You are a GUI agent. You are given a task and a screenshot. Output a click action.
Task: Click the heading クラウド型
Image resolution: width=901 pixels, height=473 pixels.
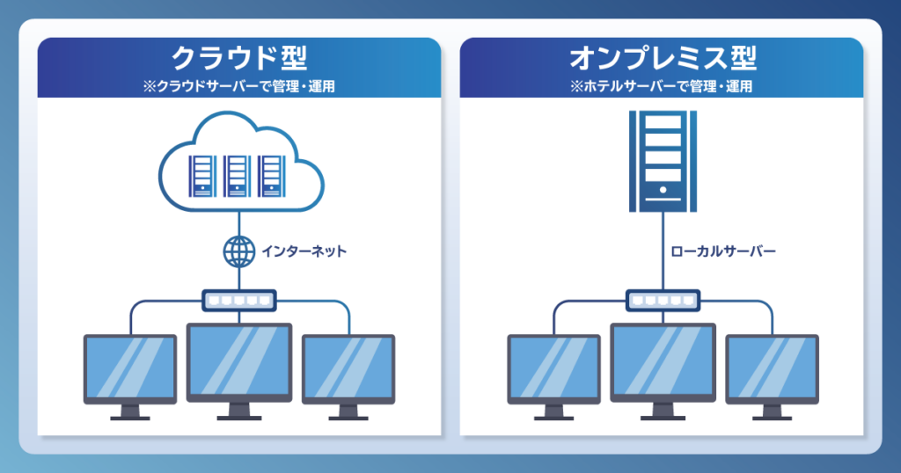[239, 58]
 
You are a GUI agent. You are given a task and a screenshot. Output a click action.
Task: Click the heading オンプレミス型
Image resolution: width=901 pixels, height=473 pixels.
[663, 58]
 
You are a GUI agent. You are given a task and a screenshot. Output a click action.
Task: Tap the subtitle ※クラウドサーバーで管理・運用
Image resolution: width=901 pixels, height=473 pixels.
[239, 86]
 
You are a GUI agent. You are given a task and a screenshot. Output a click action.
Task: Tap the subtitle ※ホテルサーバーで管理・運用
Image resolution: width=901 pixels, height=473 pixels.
[662, 86]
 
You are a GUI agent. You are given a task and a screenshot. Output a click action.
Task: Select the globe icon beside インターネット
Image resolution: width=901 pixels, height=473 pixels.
[239, 251]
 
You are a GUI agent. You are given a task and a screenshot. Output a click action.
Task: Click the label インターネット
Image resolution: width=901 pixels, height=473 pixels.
[304, 251]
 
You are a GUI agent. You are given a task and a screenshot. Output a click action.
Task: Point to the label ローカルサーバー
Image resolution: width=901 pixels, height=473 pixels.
[723, 251]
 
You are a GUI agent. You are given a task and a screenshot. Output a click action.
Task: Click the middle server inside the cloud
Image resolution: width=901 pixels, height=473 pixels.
[237, 176]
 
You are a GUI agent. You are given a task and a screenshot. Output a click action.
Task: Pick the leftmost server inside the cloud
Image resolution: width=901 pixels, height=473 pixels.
[202, 176]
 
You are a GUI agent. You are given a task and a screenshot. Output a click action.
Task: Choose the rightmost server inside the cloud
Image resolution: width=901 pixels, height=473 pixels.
[271, 176]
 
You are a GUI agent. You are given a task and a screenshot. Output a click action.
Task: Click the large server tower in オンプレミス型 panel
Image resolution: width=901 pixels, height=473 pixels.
[663, 161]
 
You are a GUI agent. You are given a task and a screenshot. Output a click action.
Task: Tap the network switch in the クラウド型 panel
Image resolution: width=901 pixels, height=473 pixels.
[239, 301]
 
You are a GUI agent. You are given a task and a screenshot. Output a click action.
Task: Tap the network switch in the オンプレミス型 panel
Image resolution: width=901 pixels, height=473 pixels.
[663, 301]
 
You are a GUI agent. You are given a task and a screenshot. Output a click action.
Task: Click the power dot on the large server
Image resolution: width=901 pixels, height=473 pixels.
[663, 189]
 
